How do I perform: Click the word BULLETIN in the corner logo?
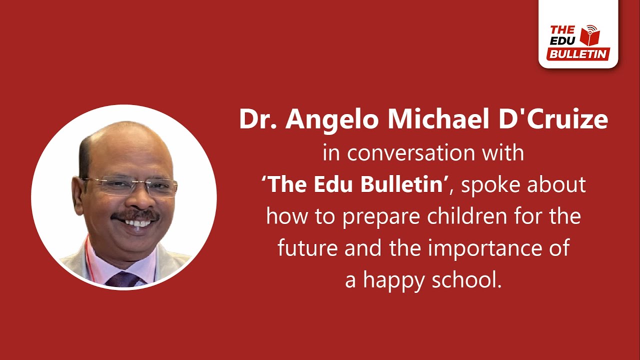[x=578, y=54]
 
